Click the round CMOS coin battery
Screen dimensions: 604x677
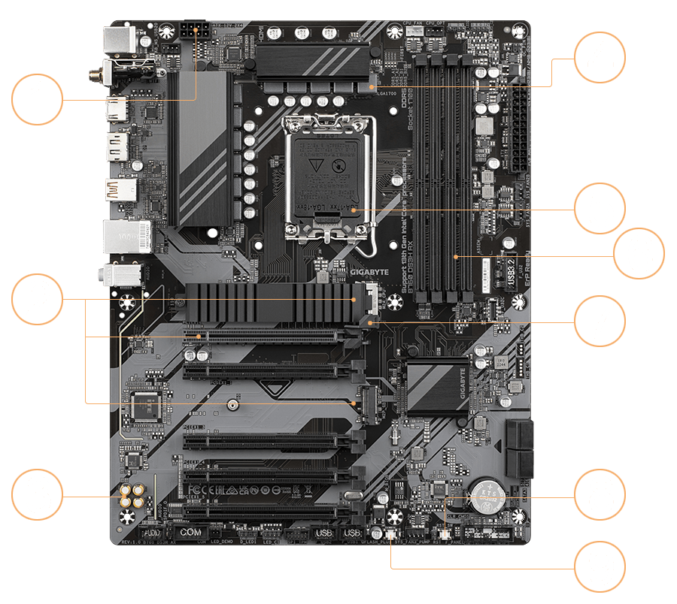(x=481, y=496)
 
